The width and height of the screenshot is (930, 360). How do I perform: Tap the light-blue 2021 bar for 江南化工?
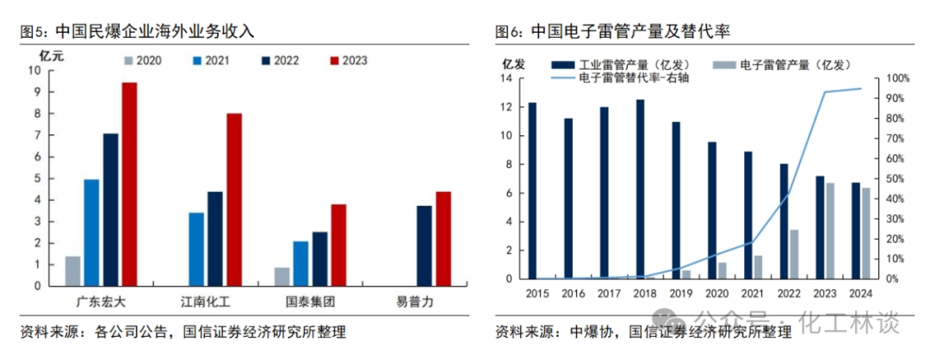(196, 248)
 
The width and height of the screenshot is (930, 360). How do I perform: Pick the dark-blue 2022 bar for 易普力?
(425, 245)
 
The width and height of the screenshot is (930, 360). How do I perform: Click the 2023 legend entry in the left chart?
(347, 59)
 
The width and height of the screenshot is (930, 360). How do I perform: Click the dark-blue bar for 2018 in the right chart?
(641, 189)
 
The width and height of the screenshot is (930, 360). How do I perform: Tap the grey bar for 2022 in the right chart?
(794, 254)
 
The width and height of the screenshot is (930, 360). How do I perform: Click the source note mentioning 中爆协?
(642, 332)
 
